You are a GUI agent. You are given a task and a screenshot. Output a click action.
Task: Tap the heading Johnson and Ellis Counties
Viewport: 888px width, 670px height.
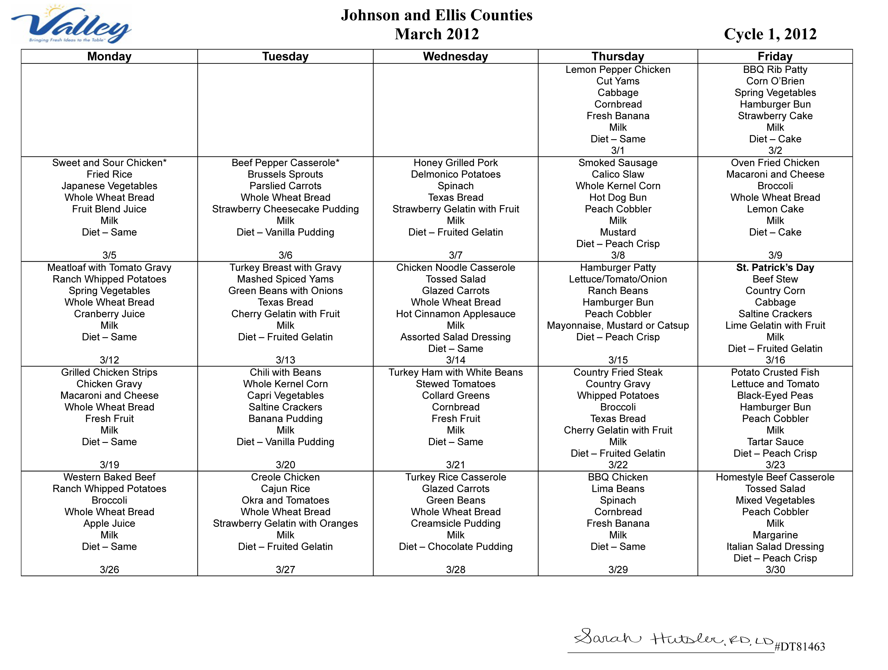436,15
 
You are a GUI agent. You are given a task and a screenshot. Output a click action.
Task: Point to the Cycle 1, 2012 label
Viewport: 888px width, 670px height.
770,34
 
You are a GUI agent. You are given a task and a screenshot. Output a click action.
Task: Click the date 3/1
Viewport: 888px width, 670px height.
618,151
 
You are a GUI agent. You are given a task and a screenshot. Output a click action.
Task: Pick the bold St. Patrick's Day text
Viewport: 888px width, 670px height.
775,268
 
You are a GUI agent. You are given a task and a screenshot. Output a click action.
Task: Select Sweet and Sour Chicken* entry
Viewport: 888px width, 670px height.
109,163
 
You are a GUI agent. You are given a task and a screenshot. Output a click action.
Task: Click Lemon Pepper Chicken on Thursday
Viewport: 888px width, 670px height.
618,70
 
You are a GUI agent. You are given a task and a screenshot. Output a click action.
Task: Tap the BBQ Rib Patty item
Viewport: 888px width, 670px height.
775,70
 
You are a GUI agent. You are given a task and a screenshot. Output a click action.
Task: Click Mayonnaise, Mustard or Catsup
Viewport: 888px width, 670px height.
618,326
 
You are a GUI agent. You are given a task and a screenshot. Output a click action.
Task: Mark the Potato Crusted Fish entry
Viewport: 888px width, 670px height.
775,372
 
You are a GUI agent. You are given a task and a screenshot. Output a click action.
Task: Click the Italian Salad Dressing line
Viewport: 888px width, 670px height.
775,546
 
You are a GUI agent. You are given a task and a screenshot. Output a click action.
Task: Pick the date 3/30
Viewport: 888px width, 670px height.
775,570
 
